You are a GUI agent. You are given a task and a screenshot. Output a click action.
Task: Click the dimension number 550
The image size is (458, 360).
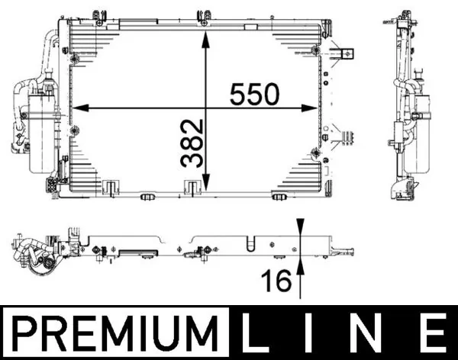[x=254, y=94]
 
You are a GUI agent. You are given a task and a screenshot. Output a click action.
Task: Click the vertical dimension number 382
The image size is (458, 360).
[x=192, y=143]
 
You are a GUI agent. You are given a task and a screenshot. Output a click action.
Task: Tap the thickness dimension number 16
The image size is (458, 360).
[x=277, y=281]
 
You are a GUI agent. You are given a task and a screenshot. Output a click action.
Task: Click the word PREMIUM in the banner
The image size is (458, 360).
[x=115, y=333]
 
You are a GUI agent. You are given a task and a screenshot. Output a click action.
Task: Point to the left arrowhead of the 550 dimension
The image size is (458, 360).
[x=81, y=108]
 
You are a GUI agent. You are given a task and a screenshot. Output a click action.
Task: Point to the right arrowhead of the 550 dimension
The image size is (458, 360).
[x=309, y=108]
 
